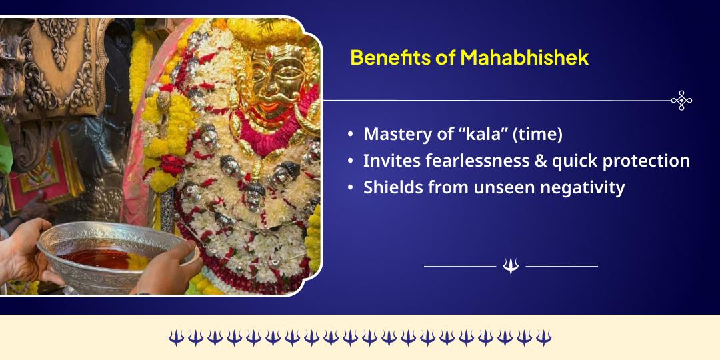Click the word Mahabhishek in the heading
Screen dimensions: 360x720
coord(524,57)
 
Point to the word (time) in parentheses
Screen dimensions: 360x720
coord(536,134)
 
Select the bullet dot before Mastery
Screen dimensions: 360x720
coord(351,135)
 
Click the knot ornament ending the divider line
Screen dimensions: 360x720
coord(681,101)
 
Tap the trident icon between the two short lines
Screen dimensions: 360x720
coord(511,266)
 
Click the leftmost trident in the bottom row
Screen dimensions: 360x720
coord(175,337)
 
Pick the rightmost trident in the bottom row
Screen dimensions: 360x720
coord(544,337)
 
